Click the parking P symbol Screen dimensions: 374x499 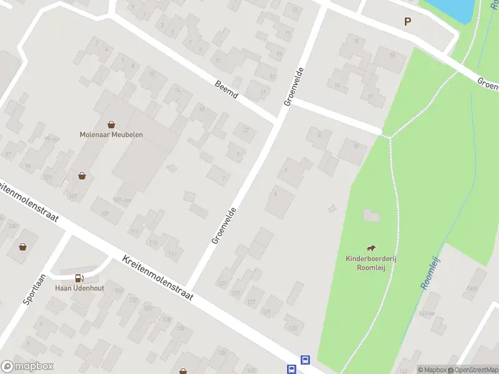tap(408, 21)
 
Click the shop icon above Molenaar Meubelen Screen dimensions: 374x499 tap(111, 124)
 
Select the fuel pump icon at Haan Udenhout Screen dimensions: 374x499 tap(79, 278)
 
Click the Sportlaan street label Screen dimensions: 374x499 tap(35, 288)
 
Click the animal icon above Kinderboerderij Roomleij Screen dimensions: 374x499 tap(371, 248)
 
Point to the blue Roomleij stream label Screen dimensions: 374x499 tap(430, 273)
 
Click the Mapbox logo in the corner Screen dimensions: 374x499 tap(27, 367)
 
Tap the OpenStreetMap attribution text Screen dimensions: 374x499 tap(475, 370)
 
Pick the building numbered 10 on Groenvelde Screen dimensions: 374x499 tap(352, 150)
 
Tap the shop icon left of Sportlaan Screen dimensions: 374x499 tap(23, 247)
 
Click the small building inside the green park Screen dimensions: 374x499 tap(371, 216)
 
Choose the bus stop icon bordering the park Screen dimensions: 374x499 tap(306, 360)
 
